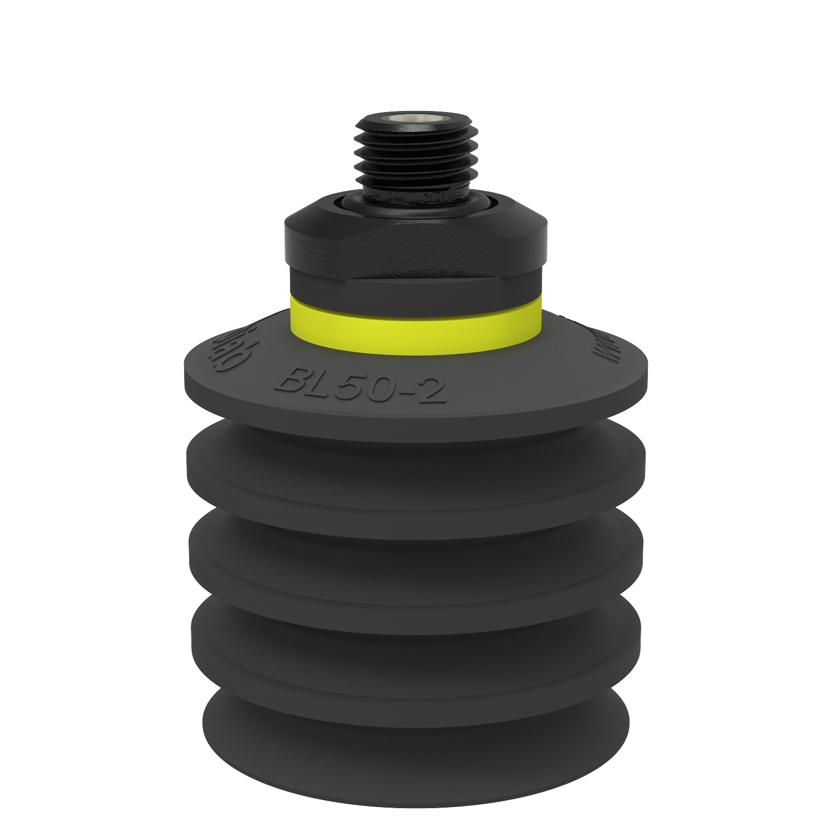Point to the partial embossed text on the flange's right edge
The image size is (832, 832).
tap(602, 347)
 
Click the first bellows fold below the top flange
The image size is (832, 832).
tap(416, 477)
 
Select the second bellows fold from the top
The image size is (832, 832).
tap(416, 566)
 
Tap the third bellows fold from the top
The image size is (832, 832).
tap(416, 655)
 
